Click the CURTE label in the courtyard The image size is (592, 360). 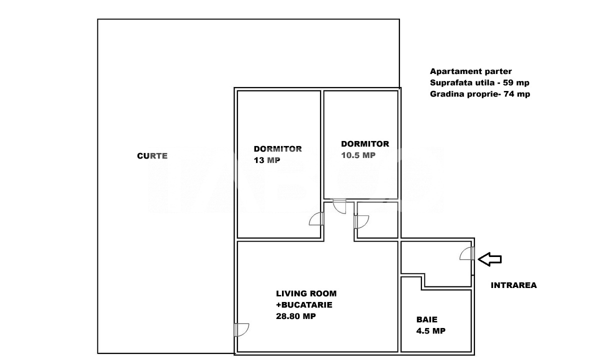coord(152,156)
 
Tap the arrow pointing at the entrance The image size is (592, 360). coord(489,258)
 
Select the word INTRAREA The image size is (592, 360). coord(513,285)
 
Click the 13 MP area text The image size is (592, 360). coord(267,160)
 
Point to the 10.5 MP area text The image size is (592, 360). coord(358,155)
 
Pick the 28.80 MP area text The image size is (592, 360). coord(295,316)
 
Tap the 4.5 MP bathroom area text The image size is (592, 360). coord(430,330)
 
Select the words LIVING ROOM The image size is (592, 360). coord(306,293)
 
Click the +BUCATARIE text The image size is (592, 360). coord(304,304)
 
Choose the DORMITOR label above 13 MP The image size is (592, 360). coord(277,149)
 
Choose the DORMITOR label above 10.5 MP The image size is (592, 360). coord(365,144)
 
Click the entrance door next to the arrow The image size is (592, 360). coord(467,254)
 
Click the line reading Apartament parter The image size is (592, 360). coord(470,71)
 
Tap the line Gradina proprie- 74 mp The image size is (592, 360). coord(479,94)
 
